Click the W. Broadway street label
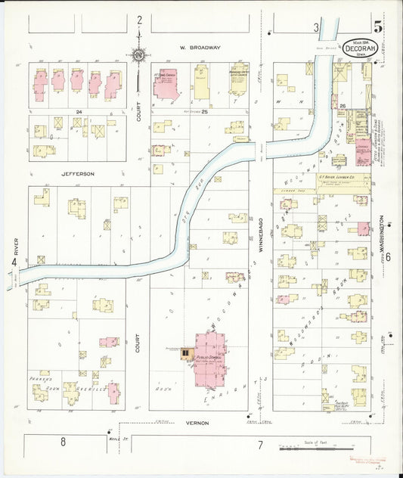[x=200, y=48]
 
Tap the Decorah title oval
[x=355, y=46]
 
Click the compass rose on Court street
[x=139, y=54]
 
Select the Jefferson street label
[x=78, y=174]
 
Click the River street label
[x=15, y=246]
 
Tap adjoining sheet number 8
[x=64, y=443]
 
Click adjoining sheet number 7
[x=259, y=445]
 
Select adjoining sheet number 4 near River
[x=13, y=262]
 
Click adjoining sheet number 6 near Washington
[x=388, y=258]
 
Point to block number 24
[x=77, y=111]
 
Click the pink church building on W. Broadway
[x=165, y=84]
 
